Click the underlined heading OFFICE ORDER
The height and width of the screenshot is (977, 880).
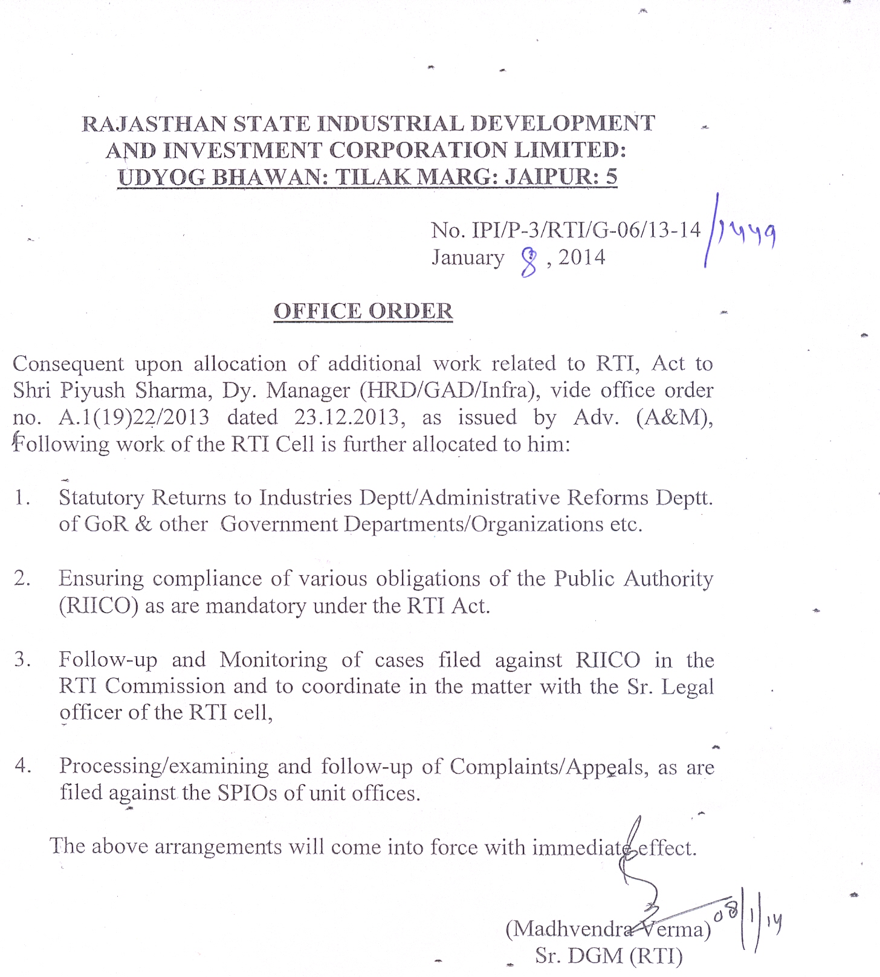(x=363, y=311)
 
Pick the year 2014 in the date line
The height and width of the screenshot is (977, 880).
(x=581, y=257)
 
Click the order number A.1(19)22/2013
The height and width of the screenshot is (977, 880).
(x=134, y=418)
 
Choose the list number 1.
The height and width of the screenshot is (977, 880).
(x=22, y=498)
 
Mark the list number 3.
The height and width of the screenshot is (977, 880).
(x=22, y=659)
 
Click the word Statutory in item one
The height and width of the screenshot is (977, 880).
(x=102, y=498)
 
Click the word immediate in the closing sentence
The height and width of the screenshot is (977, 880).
(x=581, y=848)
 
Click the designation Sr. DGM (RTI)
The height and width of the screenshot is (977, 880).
(x=609, y=956)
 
